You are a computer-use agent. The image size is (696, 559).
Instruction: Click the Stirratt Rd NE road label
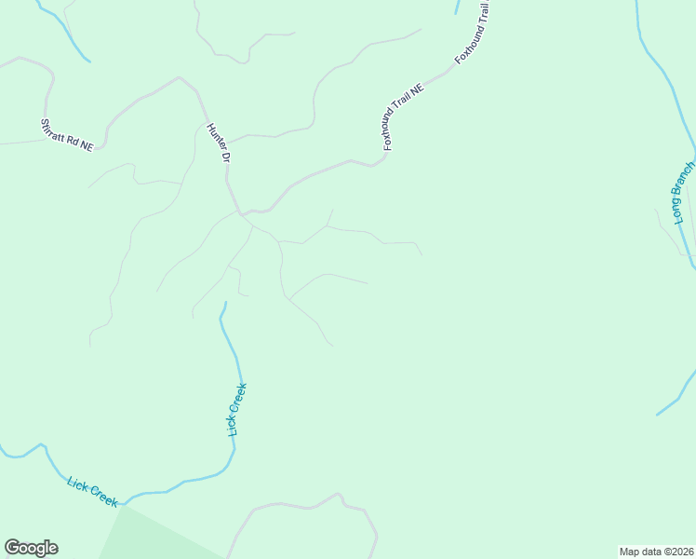(67, 134)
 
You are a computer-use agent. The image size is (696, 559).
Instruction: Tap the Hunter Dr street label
(218, 143)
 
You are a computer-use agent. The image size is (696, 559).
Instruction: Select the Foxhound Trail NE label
(403, 117)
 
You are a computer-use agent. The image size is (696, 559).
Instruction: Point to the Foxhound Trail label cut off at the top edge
(473, 34)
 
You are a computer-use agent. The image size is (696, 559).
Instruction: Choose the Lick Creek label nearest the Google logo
(92, 491)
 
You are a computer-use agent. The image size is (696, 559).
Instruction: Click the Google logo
(31, 548)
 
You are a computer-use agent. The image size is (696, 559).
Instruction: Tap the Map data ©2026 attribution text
(656, 551)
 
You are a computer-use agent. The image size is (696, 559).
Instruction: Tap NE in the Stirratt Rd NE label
(87, 145)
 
